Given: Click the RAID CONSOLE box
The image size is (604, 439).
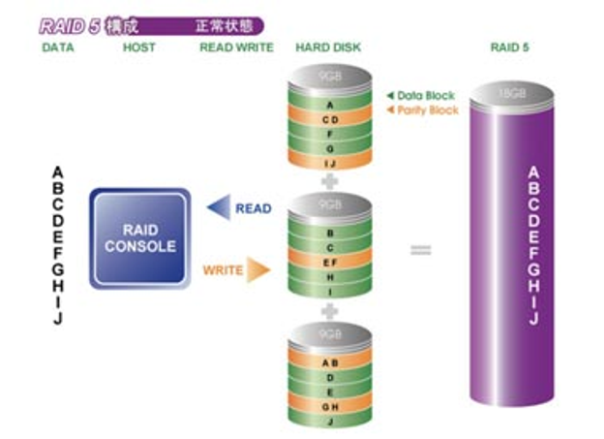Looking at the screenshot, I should point(139,238).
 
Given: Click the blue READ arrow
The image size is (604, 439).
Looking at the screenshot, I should point(220,208).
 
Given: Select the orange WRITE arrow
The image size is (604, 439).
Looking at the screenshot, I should point(257,269).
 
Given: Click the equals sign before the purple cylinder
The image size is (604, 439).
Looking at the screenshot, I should point(420,250).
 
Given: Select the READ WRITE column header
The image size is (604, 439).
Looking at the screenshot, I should point(236,47).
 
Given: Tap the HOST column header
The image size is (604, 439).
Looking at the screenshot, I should point(139,47).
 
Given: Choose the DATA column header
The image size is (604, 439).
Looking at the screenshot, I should point(58,47).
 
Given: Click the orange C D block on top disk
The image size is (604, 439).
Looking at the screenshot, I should point(330,119).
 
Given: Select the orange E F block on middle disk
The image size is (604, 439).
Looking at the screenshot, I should point(330,262).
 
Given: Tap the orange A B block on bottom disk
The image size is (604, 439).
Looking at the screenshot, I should point(331,363).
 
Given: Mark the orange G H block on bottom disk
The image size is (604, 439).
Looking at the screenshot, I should point(331,407).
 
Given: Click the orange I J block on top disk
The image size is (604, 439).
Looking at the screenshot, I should point(330,164).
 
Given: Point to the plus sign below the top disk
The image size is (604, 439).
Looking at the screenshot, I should point(330,180).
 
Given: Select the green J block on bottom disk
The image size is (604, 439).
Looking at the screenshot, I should point(331,422).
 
